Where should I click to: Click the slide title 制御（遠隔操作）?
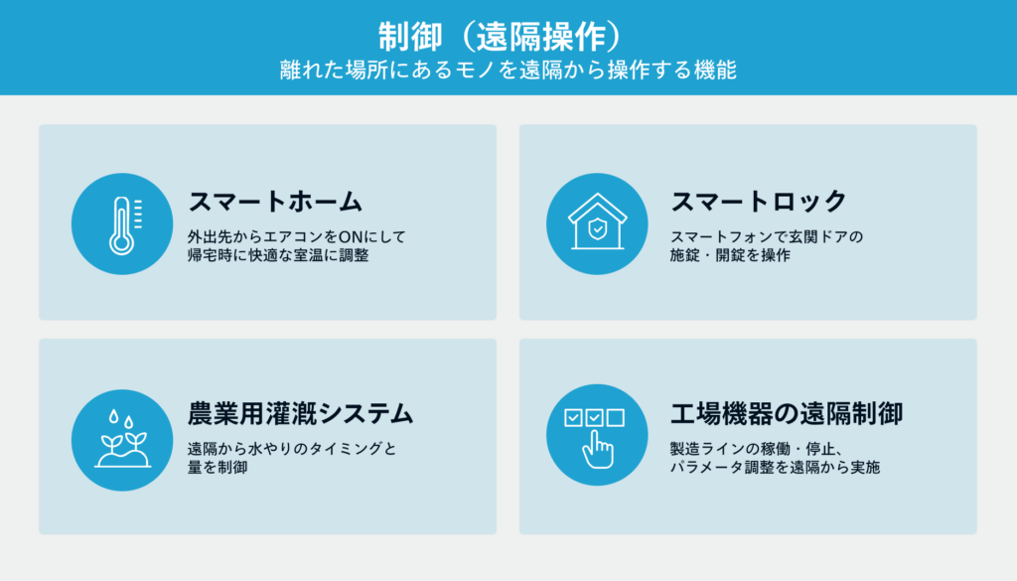(x=501, y=37)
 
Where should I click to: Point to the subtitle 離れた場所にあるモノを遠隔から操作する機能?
(x=508, y=71)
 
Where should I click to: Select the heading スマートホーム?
(x=275, y=202)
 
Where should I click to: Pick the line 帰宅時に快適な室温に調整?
(x=278, y=255)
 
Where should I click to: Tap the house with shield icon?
(x=597, y=221)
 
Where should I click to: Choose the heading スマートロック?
(x=758, y=201)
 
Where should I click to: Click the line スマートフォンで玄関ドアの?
(x=767, y=236)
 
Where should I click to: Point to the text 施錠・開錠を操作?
(x=730, y=255)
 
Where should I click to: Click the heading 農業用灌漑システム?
(x=300, y=414)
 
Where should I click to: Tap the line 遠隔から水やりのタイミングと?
(x=292, y=449)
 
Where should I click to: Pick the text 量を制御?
(x=218, y=467)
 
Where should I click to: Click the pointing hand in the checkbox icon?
(x=597, y=450)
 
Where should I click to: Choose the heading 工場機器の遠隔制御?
(x=787, y=414)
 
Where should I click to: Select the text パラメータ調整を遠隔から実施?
(x=775, y=467)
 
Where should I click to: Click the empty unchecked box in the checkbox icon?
(x=616, y=417)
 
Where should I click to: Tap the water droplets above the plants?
(x=121, y=419)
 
